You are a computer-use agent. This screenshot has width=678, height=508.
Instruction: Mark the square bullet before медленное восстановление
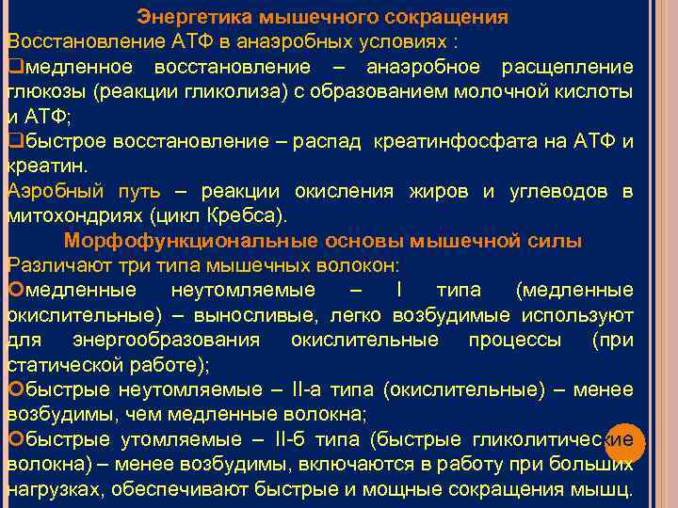(13, 68)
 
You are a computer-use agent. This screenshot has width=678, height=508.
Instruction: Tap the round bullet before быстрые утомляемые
(13, 439)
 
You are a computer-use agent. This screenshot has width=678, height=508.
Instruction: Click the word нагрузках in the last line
(49, 489)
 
